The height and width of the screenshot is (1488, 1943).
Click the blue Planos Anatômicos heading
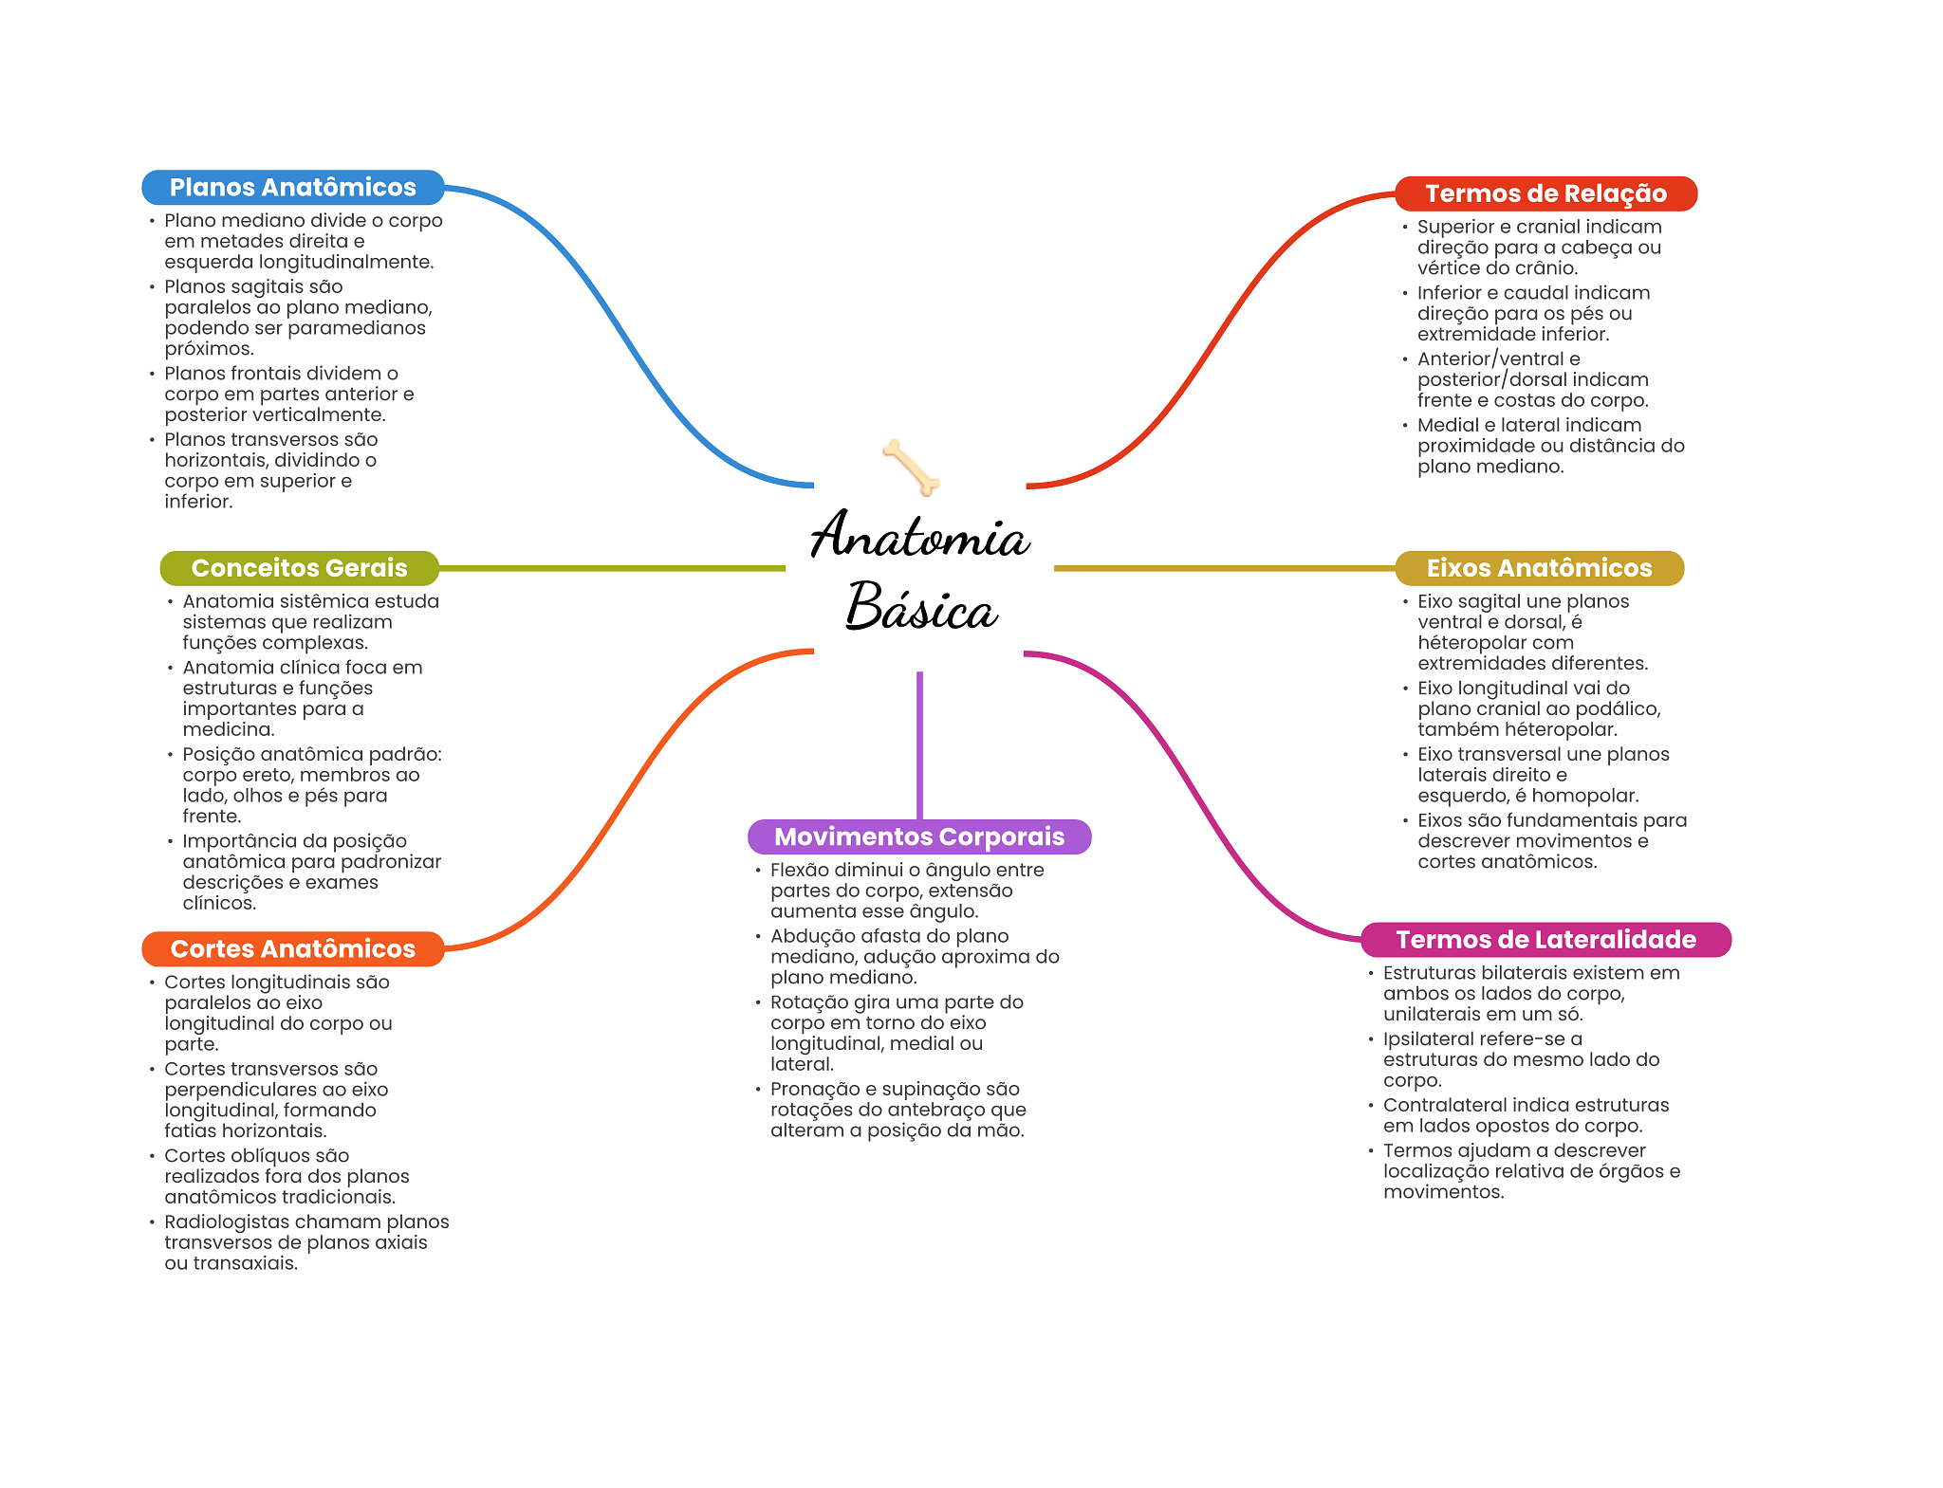pyautogui.click(x=292, y=188)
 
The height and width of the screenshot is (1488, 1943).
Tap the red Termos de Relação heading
pyautogui.click(x=1545, y=193)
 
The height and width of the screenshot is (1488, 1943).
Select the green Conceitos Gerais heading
pyautogui.click(x=299, y=568)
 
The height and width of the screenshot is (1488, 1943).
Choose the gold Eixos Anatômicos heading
pyautogui.click(x=1539, y=568)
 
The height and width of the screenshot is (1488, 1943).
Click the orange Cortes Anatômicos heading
pyautogui.click(x=292, y=948)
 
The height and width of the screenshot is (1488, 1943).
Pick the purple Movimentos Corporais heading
pyautogui.click(x=918, y=836)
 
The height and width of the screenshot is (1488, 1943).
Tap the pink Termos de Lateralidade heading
pyautogui.click(x=1545, y=940)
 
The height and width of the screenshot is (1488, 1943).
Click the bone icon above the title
pyautogui.click(x=911, y=467)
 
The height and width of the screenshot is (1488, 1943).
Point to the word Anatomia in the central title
pyautogui.click(x=919, y=536)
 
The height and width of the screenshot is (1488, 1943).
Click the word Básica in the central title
pyautogui.click(x=920, y=608)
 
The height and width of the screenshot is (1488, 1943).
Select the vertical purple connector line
pyautogui.click(x=919, y=744)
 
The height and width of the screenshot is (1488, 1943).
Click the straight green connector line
pyautogui.click(x=612, y=568)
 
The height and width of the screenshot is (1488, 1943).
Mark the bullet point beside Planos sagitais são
pyautogui.click(x=152, y=286)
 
